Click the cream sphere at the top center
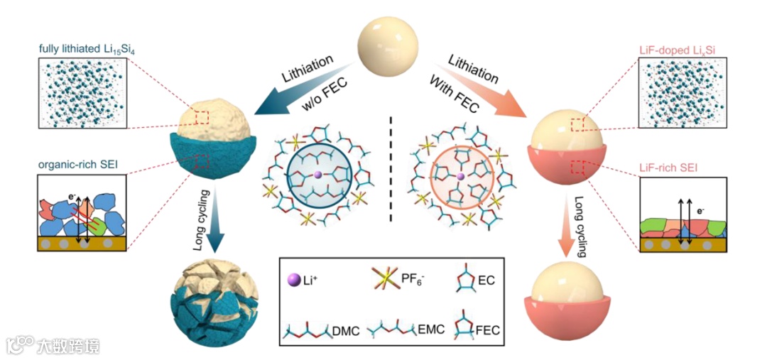pyautogui.click(x=384, y=43)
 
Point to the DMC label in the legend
pyautogui.click(x=347, y=329)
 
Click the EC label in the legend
pyautogui.click(x=486, y=281)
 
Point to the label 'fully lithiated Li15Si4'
pyautogui.click(x=82, y=49)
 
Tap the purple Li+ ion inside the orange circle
pyautogui.click(x=461, y=175)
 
